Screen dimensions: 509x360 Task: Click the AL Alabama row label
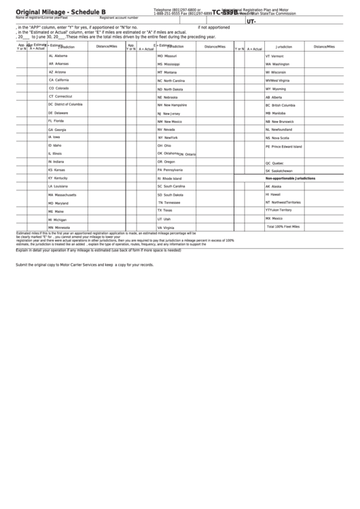58,56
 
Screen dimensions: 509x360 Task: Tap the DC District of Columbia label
65,105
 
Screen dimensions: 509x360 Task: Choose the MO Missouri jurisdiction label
167,56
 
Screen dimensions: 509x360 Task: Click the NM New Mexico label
170,121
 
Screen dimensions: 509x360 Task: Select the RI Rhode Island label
170,178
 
